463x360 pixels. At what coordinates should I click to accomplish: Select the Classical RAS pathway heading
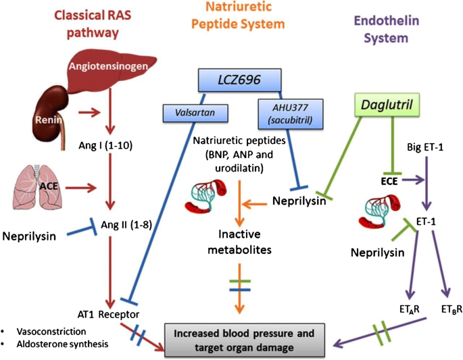point(83,23)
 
